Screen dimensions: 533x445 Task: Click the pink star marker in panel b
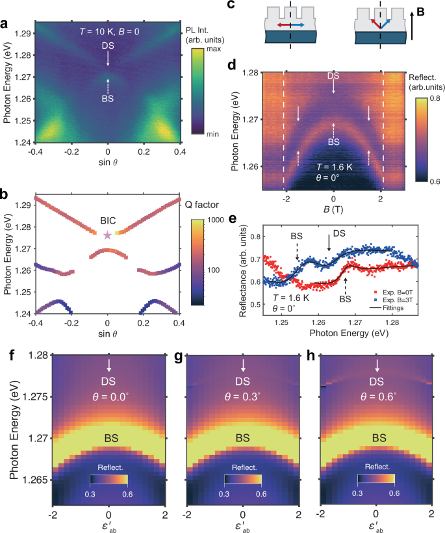pyautogui.click(x=107, y=235)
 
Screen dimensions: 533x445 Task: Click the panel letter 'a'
pyautogui.click(x=5, y=25)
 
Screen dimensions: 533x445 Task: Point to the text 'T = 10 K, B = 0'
pyautogui.click(x=107, y=31)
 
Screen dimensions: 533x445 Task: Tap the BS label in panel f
pyautogui.click(x=109, y=439)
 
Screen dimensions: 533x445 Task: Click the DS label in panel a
pyautogui.click(x=108, y=46)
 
